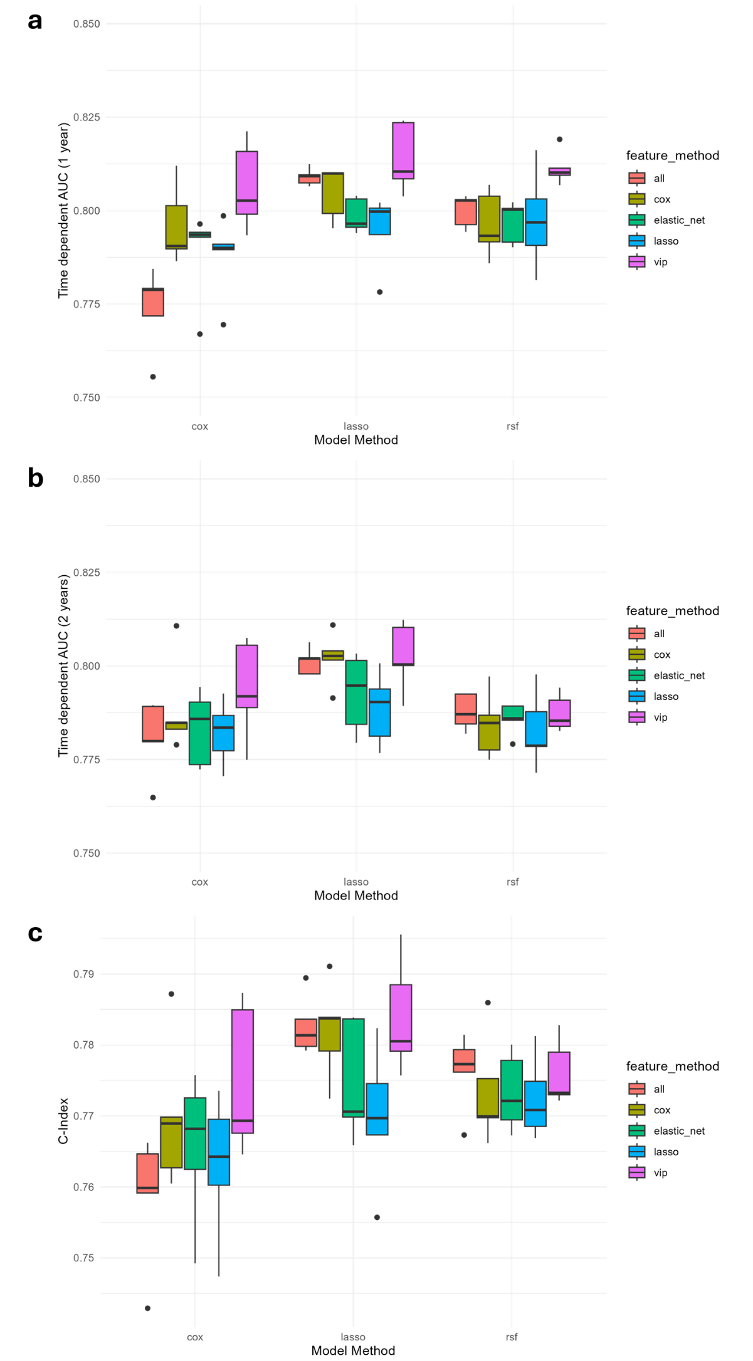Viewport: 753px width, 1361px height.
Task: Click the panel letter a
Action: (35, 21)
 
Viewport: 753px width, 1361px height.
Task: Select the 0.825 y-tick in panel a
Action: (87, 117)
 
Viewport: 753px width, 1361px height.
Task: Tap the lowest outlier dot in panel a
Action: (153, 377)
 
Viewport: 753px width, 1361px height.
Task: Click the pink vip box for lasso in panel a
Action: (403, 151)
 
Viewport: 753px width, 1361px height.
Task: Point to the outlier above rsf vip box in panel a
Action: (560, 139)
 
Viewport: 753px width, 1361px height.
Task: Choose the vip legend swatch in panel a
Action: (637, 262)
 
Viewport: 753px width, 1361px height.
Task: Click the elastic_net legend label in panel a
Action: (679, 220)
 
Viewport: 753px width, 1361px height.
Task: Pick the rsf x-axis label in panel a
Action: (513, 426)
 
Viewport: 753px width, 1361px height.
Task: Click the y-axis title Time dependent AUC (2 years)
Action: (63, 665)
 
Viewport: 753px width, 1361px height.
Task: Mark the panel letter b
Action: (36, 478)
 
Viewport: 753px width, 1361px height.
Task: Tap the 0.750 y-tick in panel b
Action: (87, 853)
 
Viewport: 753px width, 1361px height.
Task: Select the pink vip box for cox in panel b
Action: (247, 676)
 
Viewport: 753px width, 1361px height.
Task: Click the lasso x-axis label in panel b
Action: (356, 882)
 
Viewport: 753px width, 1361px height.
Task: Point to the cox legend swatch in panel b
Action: (637, 655)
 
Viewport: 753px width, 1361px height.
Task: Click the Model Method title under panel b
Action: (356, 896)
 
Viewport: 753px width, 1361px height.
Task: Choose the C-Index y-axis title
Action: (63, 1121)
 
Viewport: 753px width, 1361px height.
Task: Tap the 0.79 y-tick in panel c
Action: (84, 974)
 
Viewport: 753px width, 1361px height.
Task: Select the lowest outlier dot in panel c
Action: (148, 1308)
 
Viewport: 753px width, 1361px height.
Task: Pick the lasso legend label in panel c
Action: (666, 1152)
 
